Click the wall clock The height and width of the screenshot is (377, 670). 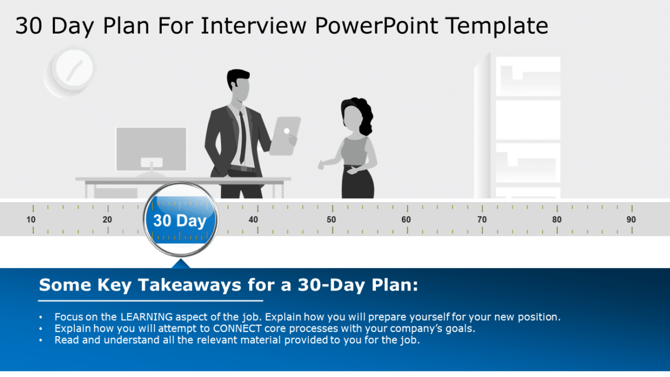click(x=69, y=72)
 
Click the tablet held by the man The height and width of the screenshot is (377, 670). click(x=284, y=135)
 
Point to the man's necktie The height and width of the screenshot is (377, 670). click(x=242, y=136)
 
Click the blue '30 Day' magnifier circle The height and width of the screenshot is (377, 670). click(x=180, y=220)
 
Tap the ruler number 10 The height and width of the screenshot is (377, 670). click(x=31, y=220)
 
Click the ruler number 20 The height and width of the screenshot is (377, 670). click(x=107, y=220)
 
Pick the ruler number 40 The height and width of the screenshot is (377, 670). click(x=253, y=220)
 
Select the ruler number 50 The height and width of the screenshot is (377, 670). click(x=331, y=220)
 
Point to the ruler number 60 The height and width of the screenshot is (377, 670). click(x=406, y=220)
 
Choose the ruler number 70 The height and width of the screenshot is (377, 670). click(x=481, y=220)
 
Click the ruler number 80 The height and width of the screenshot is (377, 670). click(x=557, y=220)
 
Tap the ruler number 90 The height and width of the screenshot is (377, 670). click(x=631, y=220)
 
